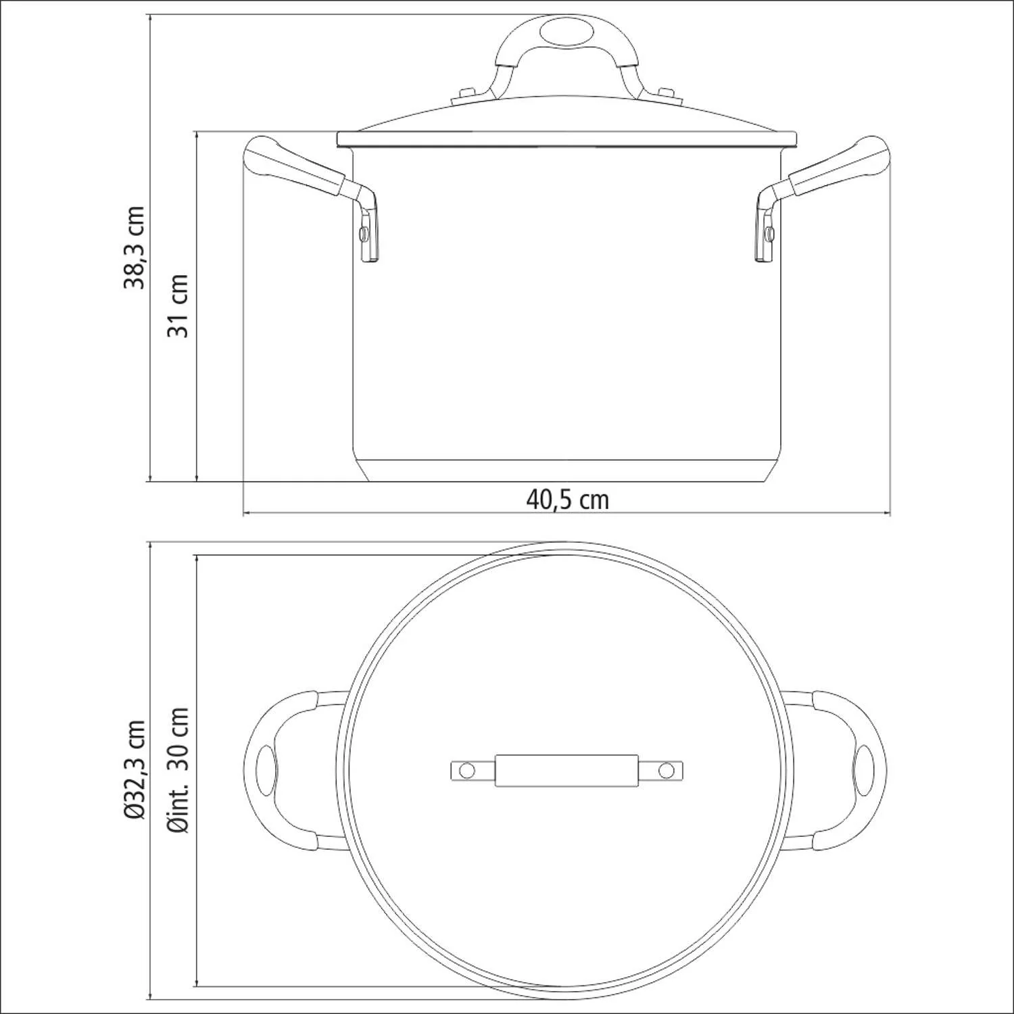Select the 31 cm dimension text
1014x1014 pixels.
click(x=177, y=305)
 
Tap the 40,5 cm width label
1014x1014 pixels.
click(x=568, y=500)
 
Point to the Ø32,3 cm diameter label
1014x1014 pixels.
click(x=135, y=770)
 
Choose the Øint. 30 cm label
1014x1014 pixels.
click(x=179, y=770)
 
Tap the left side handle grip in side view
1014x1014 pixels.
click(x=294, y=167)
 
